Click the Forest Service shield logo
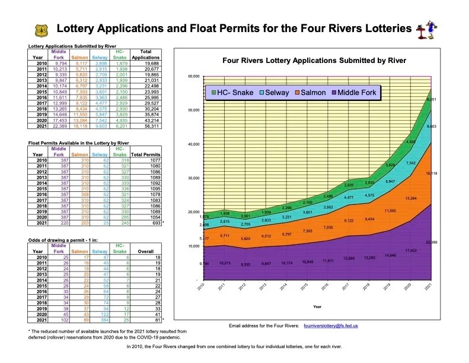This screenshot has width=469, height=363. [41, 29]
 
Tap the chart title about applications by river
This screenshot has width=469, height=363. [314, 60]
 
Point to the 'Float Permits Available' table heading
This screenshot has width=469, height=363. [79, 143]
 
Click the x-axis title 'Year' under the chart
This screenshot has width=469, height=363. [317, 307]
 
